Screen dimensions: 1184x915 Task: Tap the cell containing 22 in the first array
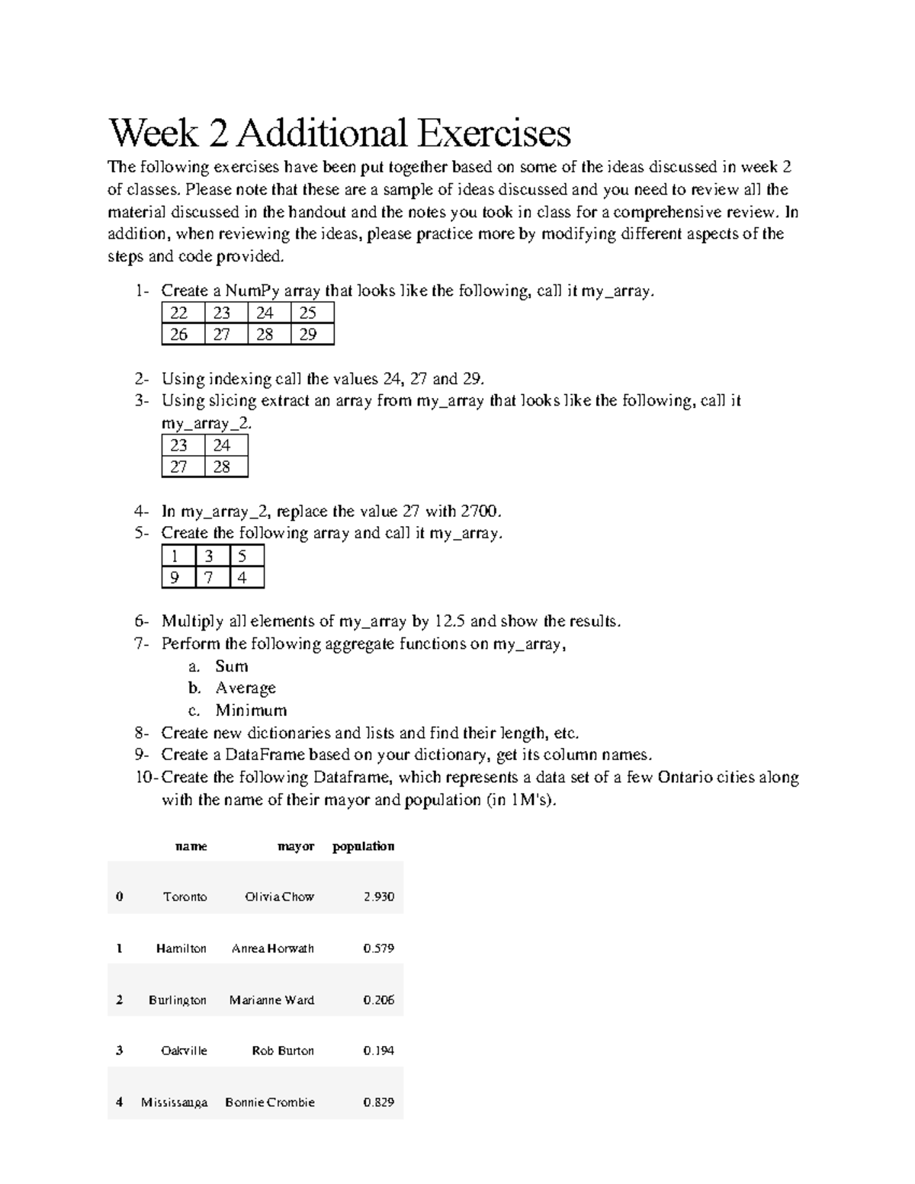tap(179, 313)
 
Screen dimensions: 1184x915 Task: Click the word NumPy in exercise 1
tap(252, 290)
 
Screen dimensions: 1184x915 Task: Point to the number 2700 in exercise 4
tap(481, 511)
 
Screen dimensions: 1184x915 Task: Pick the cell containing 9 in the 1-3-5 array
tap(175, 577)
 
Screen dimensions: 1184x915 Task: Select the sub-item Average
tap(246, 688)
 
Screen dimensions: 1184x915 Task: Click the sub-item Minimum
tap(251, 711)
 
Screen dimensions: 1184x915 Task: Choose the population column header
tap(364, 846)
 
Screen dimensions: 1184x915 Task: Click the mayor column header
tap(296, 846)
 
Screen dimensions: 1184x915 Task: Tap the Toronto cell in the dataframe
tap(185, 897)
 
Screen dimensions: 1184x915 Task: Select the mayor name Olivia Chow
tap(279, 897)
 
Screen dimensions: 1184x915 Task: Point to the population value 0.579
tap(379, 948)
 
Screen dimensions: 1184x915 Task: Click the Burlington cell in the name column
tap(178, 1000)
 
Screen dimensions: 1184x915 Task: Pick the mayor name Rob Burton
tap(283, 1051)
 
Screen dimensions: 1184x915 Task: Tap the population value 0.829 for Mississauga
tap(379, 1102)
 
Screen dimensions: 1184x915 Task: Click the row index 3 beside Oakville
tap(119, 1051)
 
